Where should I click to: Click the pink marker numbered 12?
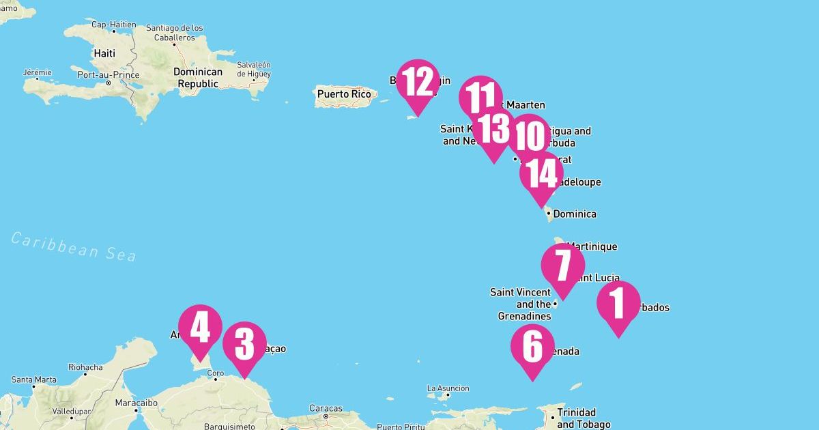(x=417, y=82)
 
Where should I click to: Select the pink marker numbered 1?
(x=618, y=303)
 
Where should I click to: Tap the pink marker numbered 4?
(x=200, y=327)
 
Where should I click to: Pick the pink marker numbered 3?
(x=244, y=344)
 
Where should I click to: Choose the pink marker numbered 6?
(x=532, y=347)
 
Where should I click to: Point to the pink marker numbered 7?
(x=562, y=266)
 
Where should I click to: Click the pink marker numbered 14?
(x=541, y=174)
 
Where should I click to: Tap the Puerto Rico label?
(x=344, y=94)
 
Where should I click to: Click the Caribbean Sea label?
(x=74, y=246)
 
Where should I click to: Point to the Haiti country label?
(x=104, y=53)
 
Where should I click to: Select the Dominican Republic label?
(x=198, y=78)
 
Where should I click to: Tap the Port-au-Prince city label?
(x=109, y=74)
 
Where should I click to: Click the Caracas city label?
(x=326, y=408)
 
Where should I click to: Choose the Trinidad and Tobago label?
(x=576, y=418)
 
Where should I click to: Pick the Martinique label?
(x=592, y=246)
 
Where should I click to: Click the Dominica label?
(x=575, y=214)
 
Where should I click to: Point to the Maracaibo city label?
(x=135, y=403)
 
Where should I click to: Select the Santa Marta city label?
(x=34, y=379)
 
